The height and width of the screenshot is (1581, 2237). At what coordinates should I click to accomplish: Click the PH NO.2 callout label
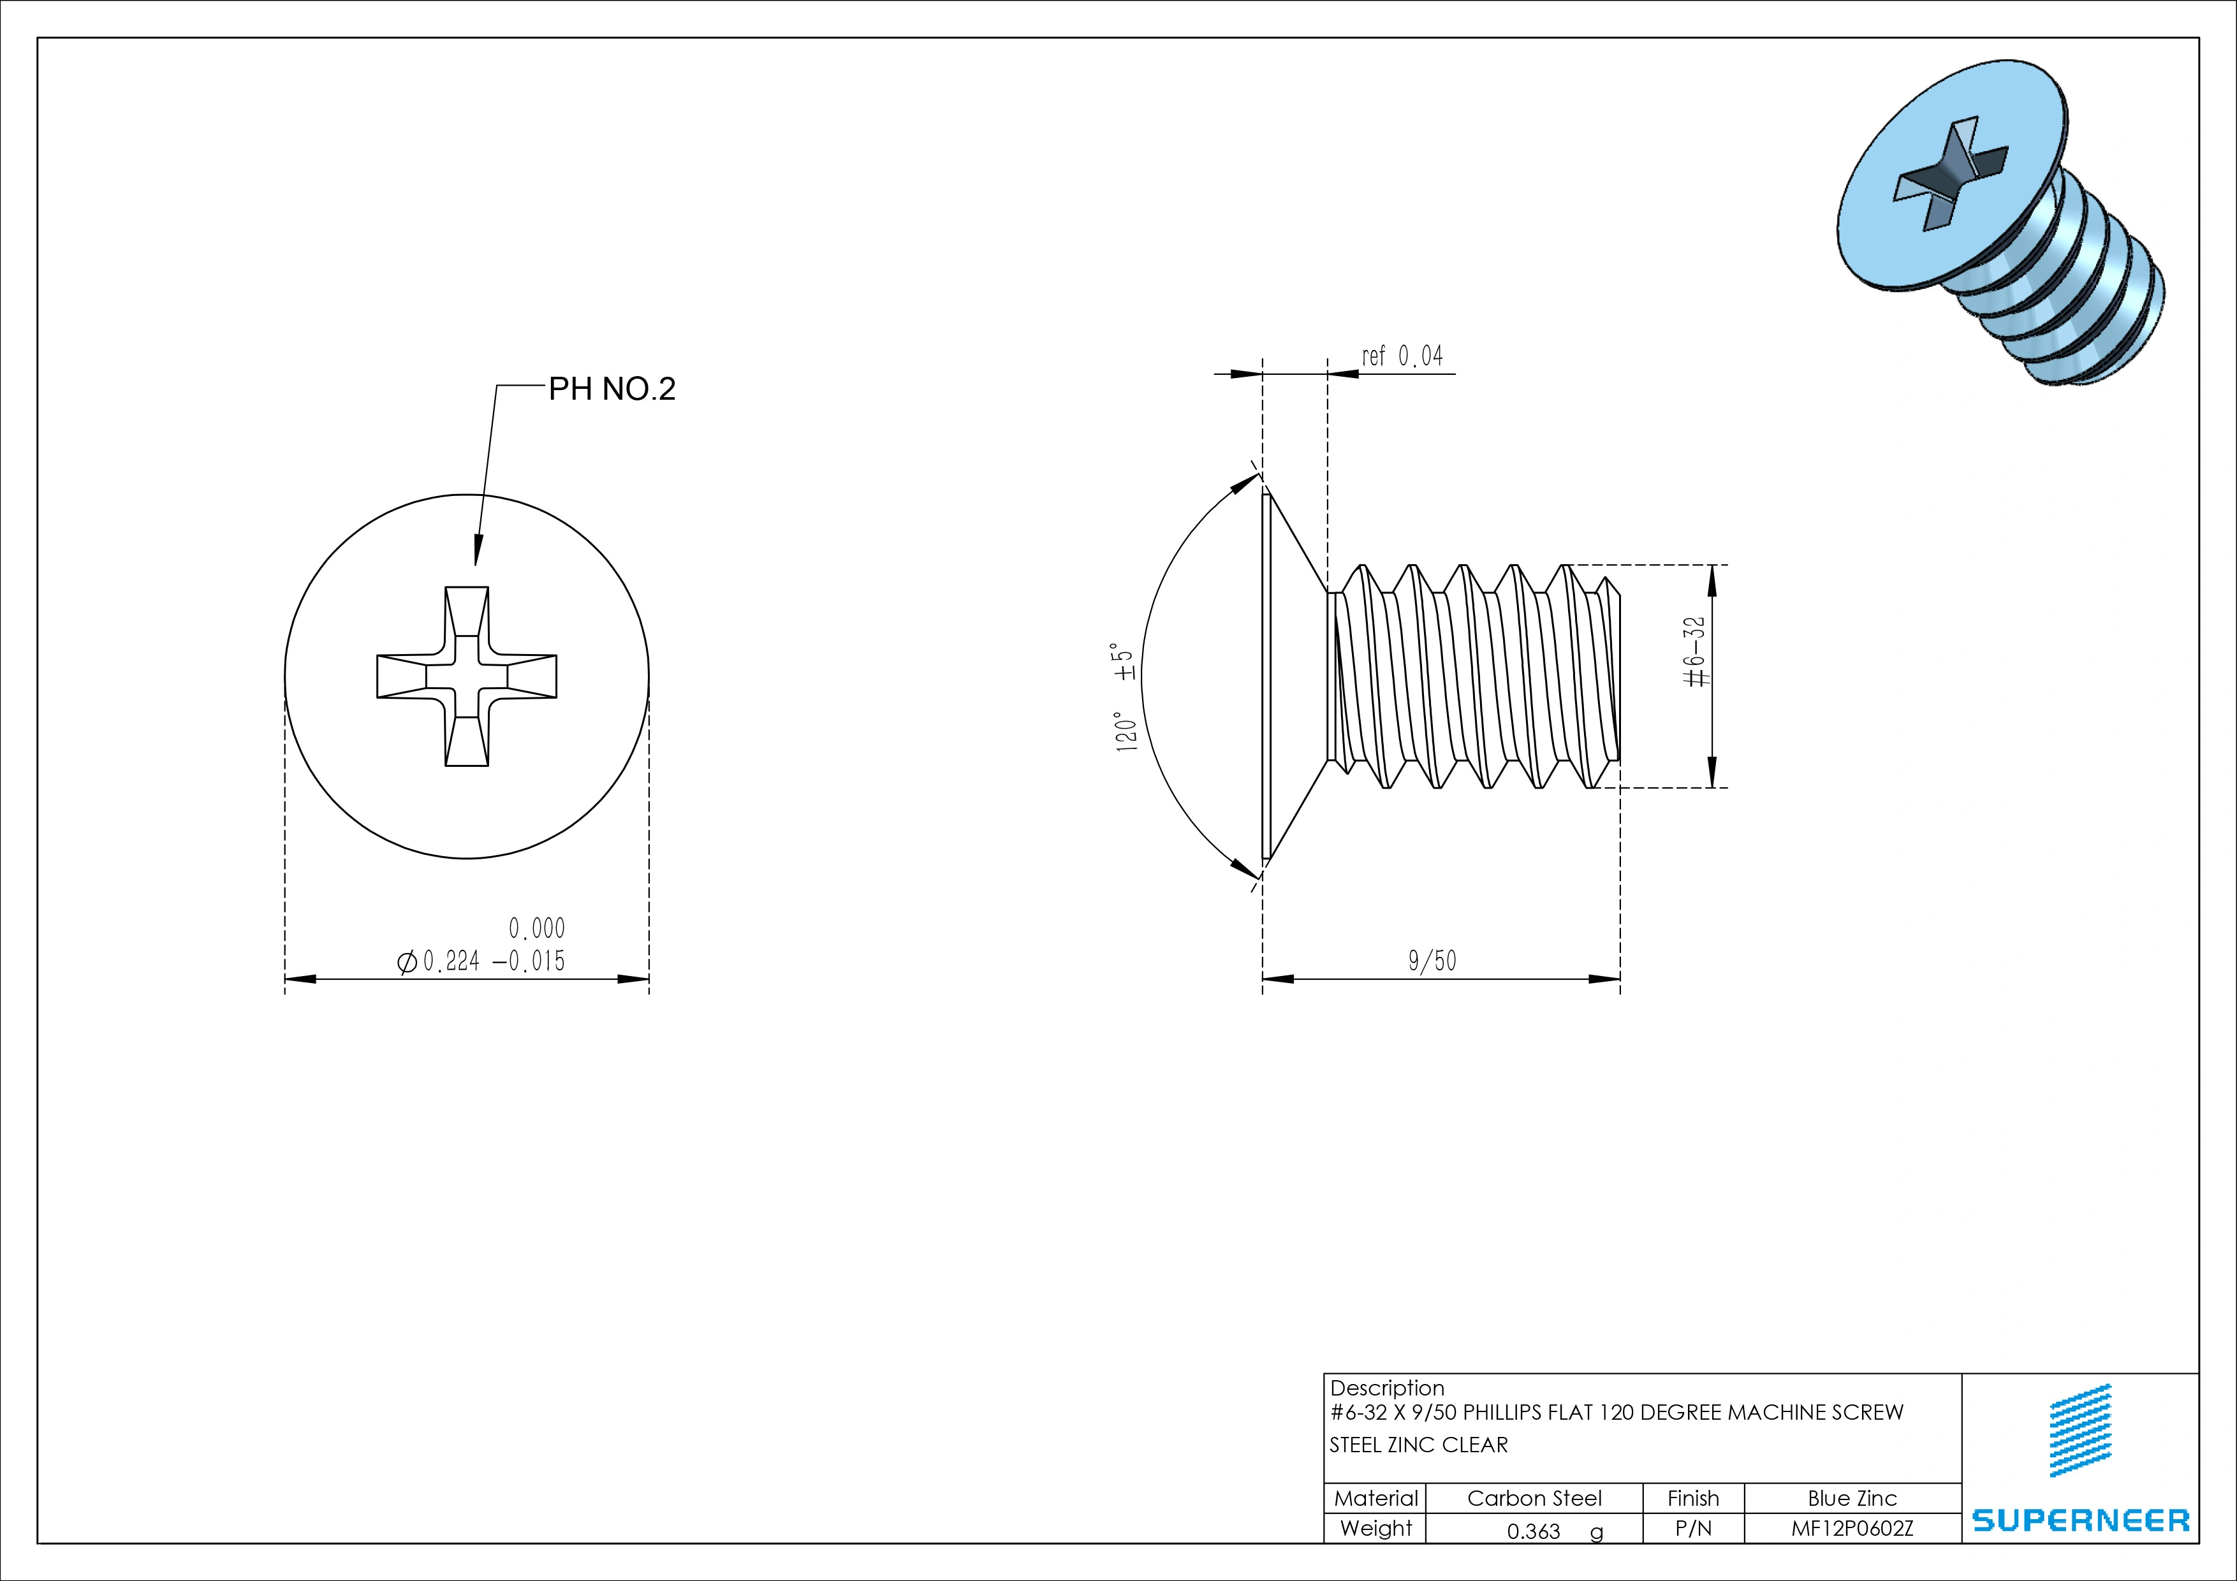pos(612,389)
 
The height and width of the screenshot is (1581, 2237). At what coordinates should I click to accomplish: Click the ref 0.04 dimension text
pos(1402,356)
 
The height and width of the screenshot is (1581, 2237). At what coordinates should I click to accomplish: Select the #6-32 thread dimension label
pos(1696,652)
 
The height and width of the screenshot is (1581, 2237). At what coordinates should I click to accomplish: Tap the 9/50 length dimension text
pos(1432,961)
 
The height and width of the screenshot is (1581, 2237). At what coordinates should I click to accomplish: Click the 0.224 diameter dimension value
pos(451,961)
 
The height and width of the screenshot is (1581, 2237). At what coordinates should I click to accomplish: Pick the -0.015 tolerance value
pos(529,961)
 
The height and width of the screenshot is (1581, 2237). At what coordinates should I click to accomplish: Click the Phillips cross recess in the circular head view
pos(467,676)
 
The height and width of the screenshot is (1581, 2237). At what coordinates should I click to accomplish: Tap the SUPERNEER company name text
pos(2080,1520)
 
